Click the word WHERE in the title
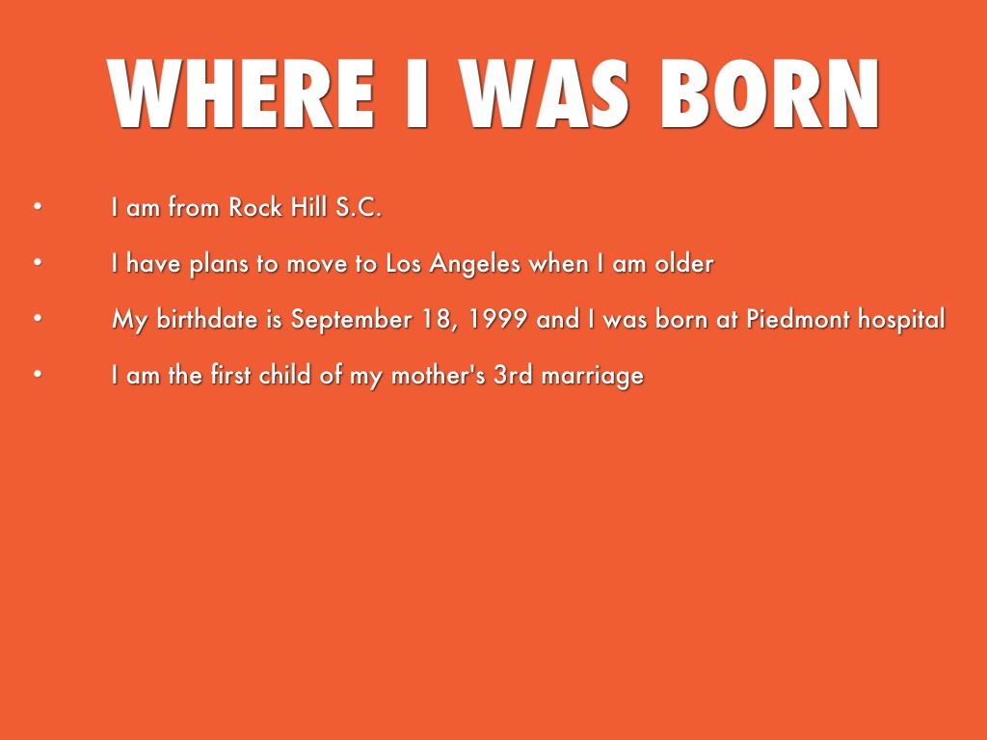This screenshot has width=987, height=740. point(241,93)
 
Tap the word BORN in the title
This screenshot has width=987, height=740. point(768,93)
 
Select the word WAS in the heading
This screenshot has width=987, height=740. point(544,93)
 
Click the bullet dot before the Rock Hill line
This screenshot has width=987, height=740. point(38,206)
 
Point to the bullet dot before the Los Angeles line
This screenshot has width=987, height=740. point(38,262)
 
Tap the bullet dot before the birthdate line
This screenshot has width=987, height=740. point(38,318)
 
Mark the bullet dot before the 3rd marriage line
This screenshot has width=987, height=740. point(38,375)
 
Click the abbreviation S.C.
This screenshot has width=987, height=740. point(359,207)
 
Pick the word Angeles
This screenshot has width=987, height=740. point(475,264)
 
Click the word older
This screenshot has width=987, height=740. point(684,263)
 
